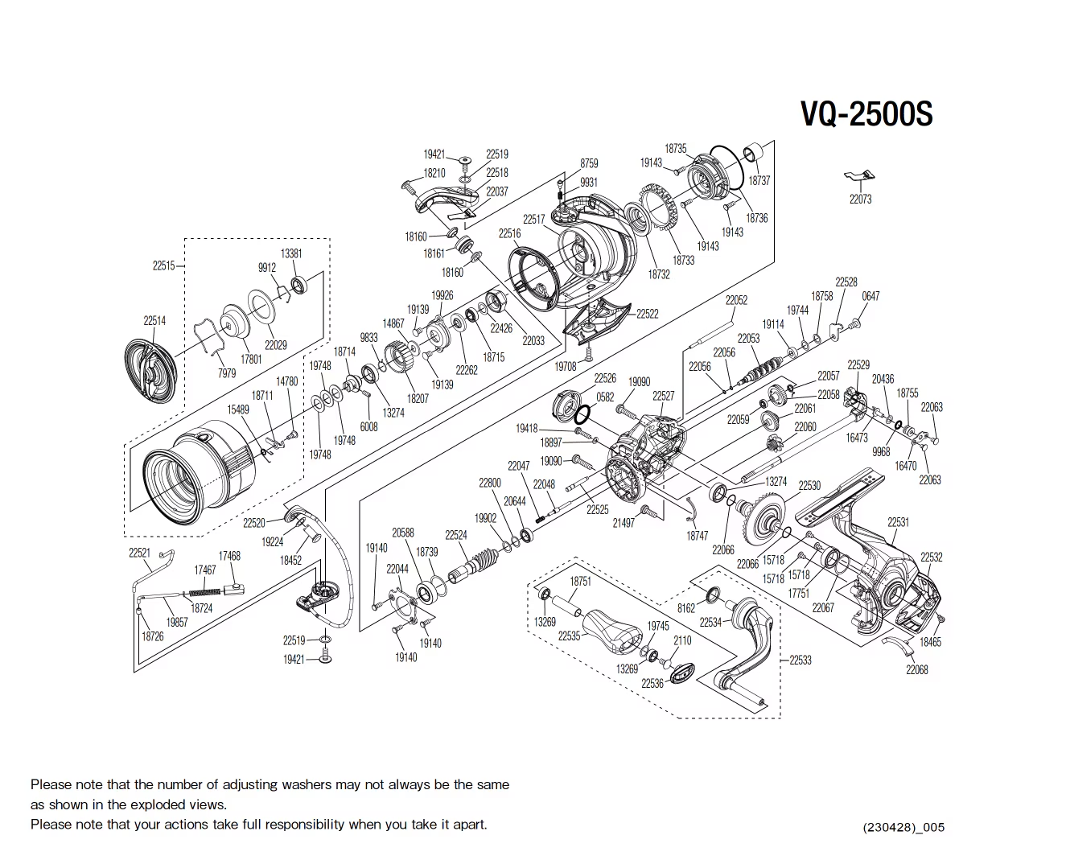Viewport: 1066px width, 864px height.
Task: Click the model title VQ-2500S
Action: (x=866, y=114)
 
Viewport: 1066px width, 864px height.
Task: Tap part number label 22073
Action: (x=860, y=199)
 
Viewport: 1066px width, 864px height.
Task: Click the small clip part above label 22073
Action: (x=859, y=176)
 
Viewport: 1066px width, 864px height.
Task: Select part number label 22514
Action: (x=154, y=320)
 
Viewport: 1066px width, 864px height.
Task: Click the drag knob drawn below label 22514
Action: (x=150, y=371)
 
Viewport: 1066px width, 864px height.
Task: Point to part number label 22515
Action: (x=163, y=265)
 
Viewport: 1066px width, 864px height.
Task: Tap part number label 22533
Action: (x=800, y=660)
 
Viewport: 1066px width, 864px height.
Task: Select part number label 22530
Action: (x=809, y=486)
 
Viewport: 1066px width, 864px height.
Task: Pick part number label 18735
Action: (x=675, y=149)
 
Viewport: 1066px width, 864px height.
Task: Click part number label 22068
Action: (x=916, y=669)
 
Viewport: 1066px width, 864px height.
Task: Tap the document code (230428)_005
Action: (x=903, y=827)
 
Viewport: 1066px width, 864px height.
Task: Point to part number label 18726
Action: (x=152, y=636)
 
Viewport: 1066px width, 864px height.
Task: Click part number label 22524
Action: (x=455, y=535)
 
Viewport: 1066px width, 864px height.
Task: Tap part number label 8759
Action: (x=589, y=163)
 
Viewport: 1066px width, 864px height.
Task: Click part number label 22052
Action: (x=736, y=300)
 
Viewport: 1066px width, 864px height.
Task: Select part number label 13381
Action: (x=291, y=253)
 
